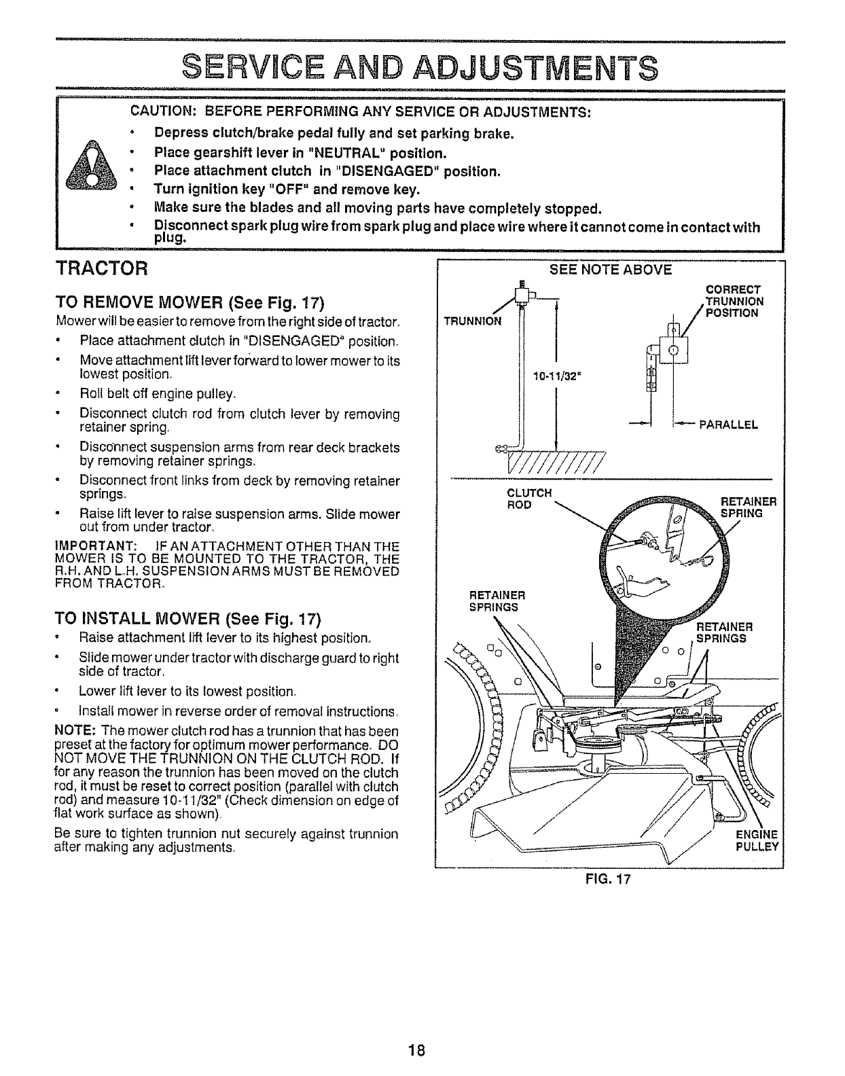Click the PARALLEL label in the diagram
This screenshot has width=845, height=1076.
[x=728, y=425]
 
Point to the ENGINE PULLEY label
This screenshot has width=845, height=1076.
[x=758, y=841]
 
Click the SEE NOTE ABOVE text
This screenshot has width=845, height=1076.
[x=610, y=270]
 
